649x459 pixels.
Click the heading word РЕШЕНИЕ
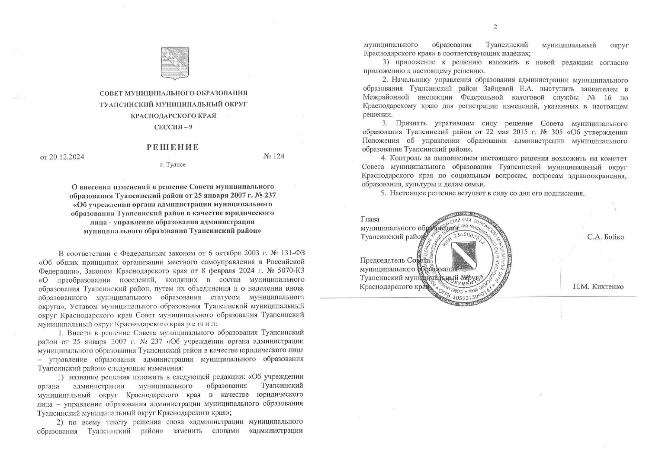(x=173, y=147)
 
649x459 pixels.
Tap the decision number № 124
(x=273, y=156)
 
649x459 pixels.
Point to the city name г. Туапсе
(x=172, y=165)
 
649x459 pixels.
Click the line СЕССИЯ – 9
(x=173, y=127)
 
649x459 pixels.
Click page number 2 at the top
(x=495, y=27)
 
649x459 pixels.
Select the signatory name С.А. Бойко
(x=605, y=237)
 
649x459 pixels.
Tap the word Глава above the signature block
(x=370, y=219)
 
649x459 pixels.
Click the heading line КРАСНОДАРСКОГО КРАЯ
(x=173, y=116)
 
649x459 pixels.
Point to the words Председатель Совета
(x=395, y=260)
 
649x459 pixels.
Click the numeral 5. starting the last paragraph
(x=383, y=193)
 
